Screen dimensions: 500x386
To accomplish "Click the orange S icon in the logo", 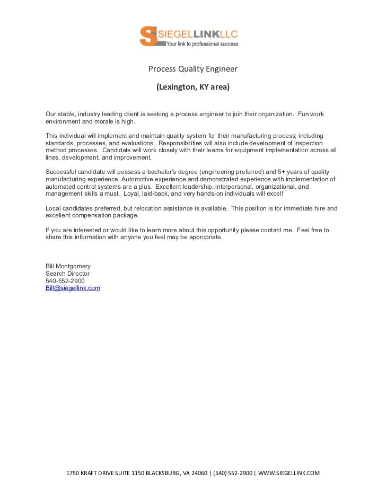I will coord(148,36).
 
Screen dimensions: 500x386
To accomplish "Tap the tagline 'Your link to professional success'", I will coord(202,45).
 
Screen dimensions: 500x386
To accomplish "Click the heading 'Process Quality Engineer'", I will coord(192,69).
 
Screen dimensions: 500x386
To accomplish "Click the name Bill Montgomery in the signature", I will coord(68,266).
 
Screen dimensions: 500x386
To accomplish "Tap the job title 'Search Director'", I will coord(67,273).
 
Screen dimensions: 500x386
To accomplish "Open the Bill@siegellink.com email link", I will coord(73,288).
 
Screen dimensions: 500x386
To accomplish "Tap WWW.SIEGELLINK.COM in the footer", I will coord(289,473).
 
